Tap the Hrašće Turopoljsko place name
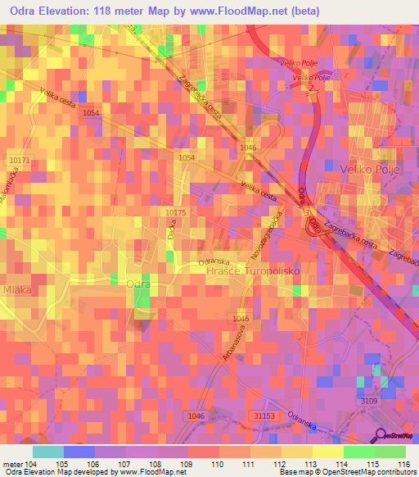tap(254, 270)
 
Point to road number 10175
tap(175, 212)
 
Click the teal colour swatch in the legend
tap(48, 452)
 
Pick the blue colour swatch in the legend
tap(79, 452)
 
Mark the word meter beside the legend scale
tap(14, 464)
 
